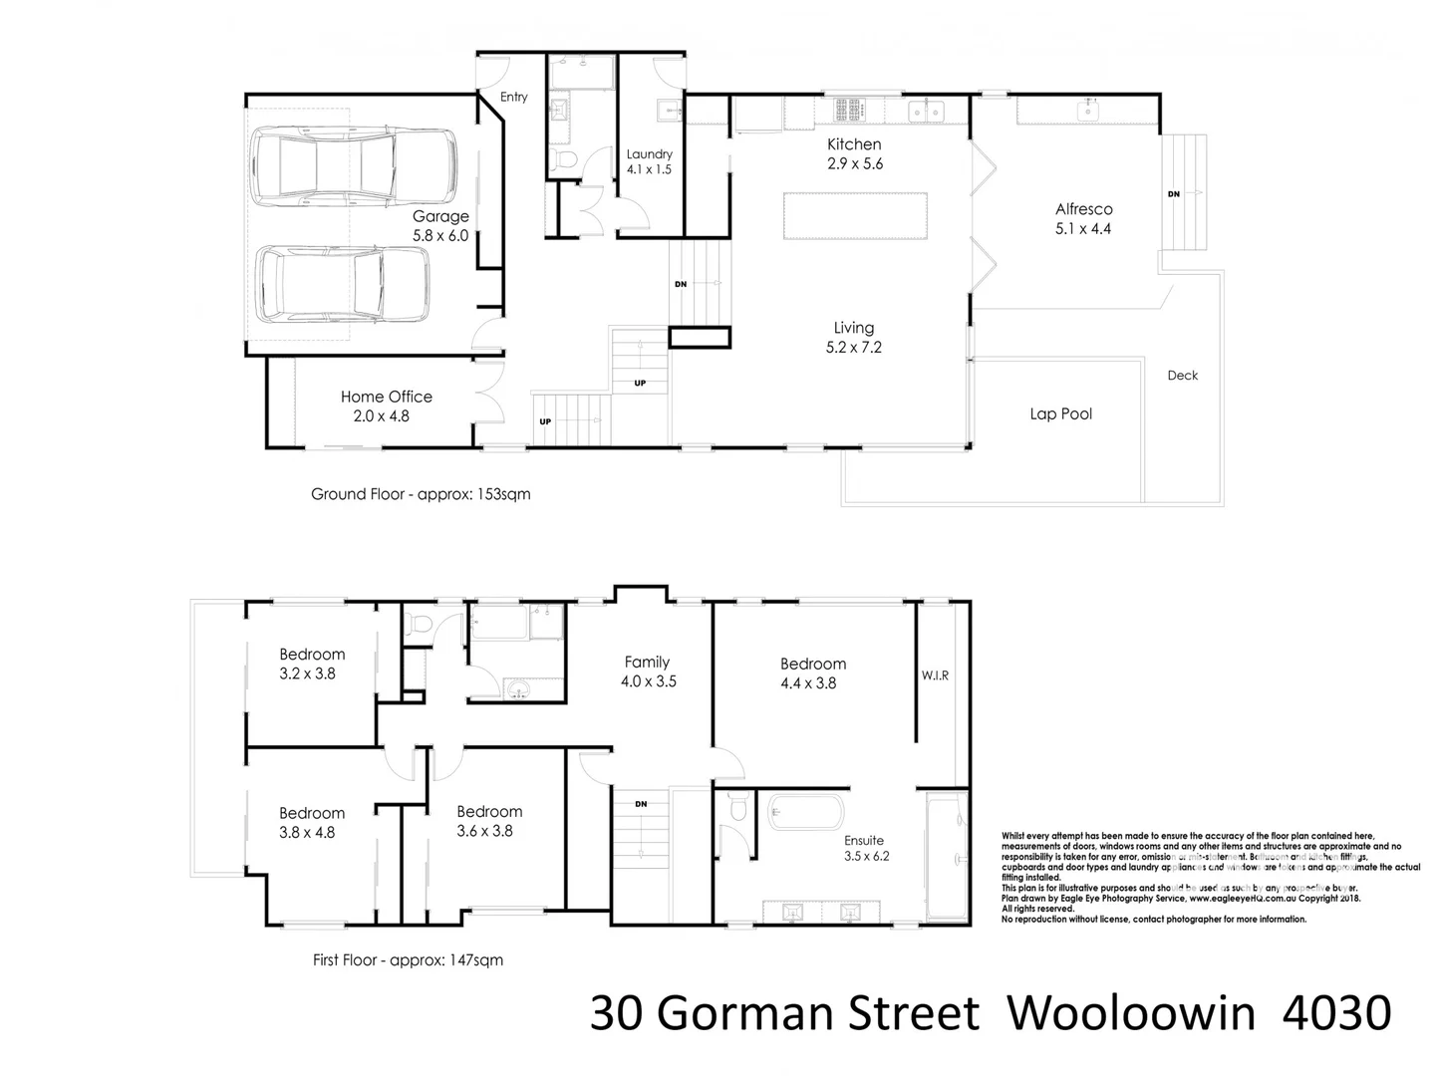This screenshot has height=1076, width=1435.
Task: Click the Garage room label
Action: (x=440, y=216)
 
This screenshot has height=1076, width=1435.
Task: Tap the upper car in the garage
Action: (x=355, y=165)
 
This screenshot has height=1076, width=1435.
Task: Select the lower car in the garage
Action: (x=342, y=284)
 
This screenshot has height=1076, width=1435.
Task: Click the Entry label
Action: (x=514, y=97)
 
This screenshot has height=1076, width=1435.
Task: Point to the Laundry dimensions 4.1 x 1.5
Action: (x=649, y=169)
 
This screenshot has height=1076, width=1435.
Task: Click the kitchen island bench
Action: (x=855, y=216)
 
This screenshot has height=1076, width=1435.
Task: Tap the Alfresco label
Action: (x=1083, y=209)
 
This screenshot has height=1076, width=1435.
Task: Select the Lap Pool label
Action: (x=1060, y=413)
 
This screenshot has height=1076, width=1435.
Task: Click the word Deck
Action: (x=1182, y=376)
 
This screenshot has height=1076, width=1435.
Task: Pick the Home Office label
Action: (x=386, y=397)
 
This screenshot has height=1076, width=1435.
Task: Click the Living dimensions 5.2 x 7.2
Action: (x=853, y=348)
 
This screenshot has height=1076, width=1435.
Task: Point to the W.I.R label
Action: (x=935, y=675)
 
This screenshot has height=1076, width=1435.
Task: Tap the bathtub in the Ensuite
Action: (x=806, y=813)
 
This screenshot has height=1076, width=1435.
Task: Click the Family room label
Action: (x=647, y=662)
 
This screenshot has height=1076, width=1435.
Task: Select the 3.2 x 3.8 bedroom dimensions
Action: (x=307, y=673)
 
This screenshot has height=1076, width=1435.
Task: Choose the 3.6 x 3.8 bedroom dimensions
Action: (x=484, y=831)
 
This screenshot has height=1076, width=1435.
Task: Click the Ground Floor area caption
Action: (x=421, y=494)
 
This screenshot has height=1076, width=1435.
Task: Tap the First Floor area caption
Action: (x=408, y=960)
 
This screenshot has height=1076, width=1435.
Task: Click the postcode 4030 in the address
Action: (x=1336, y=1013)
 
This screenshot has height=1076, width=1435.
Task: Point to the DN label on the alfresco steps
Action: (x=1173, y=194)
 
